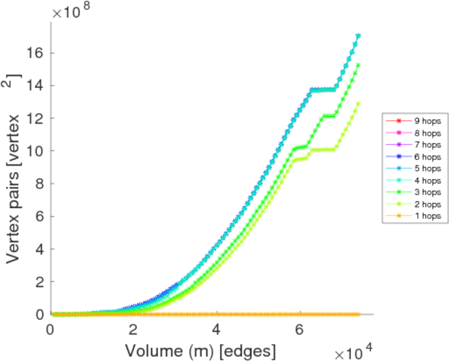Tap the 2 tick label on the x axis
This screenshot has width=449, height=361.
pyautogui.click(x=133, y=330)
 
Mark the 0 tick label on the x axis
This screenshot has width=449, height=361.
pyautogui.click(x=50, y=330)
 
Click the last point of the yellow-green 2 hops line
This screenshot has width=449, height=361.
pyautogui.click(x=359, y=103)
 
